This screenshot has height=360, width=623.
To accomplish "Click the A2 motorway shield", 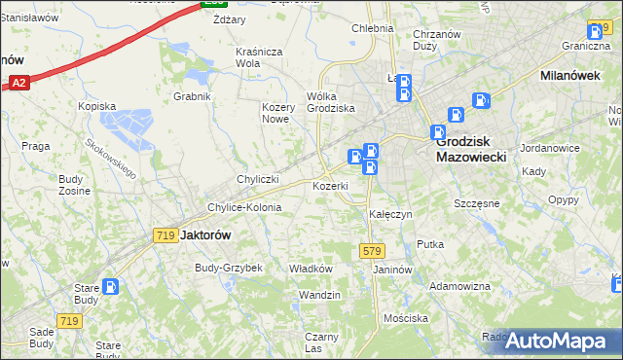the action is point(19,85).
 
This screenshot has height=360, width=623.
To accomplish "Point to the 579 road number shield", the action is point(371,250).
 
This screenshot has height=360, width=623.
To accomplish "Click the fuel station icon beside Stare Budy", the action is point(112,287).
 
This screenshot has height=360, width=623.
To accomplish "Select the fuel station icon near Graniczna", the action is point(597,32).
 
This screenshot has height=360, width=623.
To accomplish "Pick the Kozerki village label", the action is point(330,185).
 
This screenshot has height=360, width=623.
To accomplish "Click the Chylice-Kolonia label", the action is point(244,207).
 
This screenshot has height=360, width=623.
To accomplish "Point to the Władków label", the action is point(311,269).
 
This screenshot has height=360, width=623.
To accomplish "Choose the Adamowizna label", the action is point(459,286).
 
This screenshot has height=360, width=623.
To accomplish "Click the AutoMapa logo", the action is point(557,341).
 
